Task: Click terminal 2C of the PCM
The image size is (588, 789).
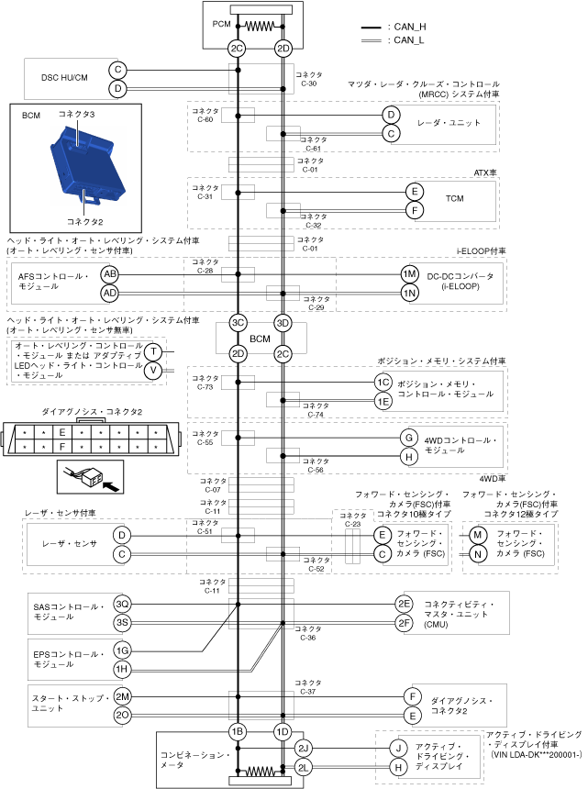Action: [238, 48]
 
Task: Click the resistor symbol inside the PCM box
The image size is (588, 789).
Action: [260, 27]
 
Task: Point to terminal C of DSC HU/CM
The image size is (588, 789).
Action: [117, 70]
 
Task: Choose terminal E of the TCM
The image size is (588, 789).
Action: [415, 192]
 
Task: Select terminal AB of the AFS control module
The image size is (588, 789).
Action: [110, 274]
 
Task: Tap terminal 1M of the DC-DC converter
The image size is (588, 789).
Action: [409, 274]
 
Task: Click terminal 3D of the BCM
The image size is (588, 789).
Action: [283, 323]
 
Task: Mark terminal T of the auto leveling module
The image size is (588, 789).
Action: [154, 352]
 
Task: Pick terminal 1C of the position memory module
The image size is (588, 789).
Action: [383, 383]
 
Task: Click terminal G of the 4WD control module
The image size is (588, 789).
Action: [409, 438]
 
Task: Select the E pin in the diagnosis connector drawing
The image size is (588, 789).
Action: [61, 431]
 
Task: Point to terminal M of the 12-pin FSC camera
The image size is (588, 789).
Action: [477, 535]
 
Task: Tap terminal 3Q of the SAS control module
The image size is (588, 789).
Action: [122, 604]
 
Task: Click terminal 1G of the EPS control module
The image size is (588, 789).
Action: [122, 650]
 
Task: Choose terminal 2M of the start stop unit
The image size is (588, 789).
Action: [122, 696]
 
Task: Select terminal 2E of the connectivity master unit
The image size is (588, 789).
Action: [404, 604]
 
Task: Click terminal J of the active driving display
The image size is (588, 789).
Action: [398, 748]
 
